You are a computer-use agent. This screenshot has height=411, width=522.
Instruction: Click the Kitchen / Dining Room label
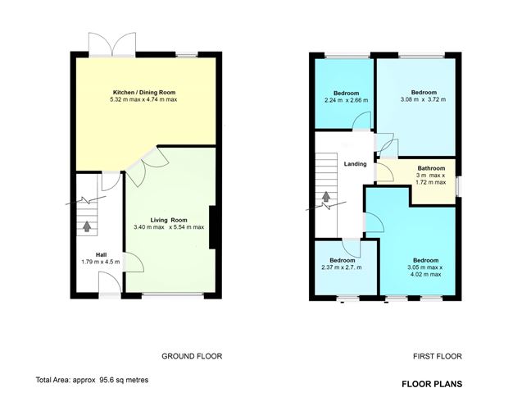(x=143, y=92)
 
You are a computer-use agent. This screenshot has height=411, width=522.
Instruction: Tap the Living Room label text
(x=169, y=219)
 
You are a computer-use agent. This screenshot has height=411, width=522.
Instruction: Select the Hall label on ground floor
(x=100, y=254)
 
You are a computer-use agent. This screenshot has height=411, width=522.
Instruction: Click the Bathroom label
(x=431, y=168)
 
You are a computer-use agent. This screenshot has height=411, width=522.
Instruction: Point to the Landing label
(x=355, y=164)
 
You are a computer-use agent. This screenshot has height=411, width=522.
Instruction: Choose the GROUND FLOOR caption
(x=191, y=356)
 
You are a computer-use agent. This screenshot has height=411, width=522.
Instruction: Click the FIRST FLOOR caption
(x=438, y=356)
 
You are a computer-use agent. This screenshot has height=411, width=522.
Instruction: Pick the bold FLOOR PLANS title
(x=432, y=383)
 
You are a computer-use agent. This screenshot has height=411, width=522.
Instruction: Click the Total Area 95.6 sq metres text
(x=92, y=380)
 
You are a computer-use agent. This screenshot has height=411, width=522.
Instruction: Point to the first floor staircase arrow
(x=326, y=198)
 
